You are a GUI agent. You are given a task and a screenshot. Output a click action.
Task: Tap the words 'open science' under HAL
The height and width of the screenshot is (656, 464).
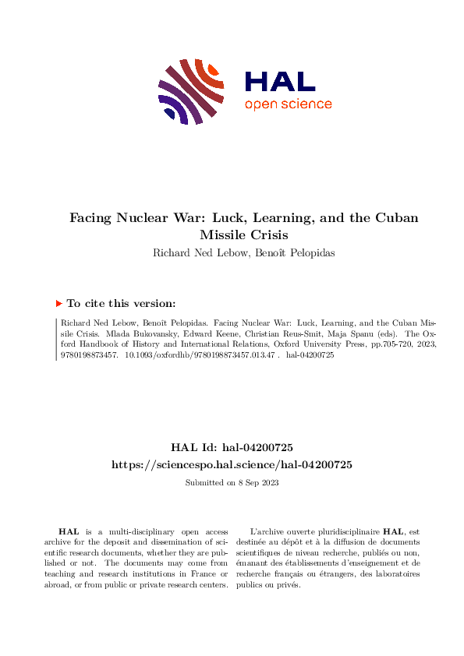pos(288,104)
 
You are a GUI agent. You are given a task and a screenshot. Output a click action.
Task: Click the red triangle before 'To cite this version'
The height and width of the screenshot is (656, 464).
pos(59,304)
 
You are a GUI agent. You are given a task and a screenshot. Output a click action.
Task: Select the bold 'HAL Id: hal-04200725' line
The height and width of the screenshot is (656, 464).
pos(232,448)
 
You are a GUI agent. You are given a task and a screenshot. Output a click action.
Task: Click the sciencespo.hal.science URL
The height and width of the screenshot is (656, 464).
pos(232,464)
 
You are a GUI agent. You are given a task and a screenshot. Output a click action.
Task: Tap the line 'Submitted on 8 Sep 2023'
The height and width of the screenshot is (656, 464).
pos(232,482)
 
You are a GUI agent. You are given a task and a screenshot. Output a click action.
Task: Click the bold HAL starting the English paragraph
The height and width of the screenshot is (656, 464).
pos(69,530)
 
